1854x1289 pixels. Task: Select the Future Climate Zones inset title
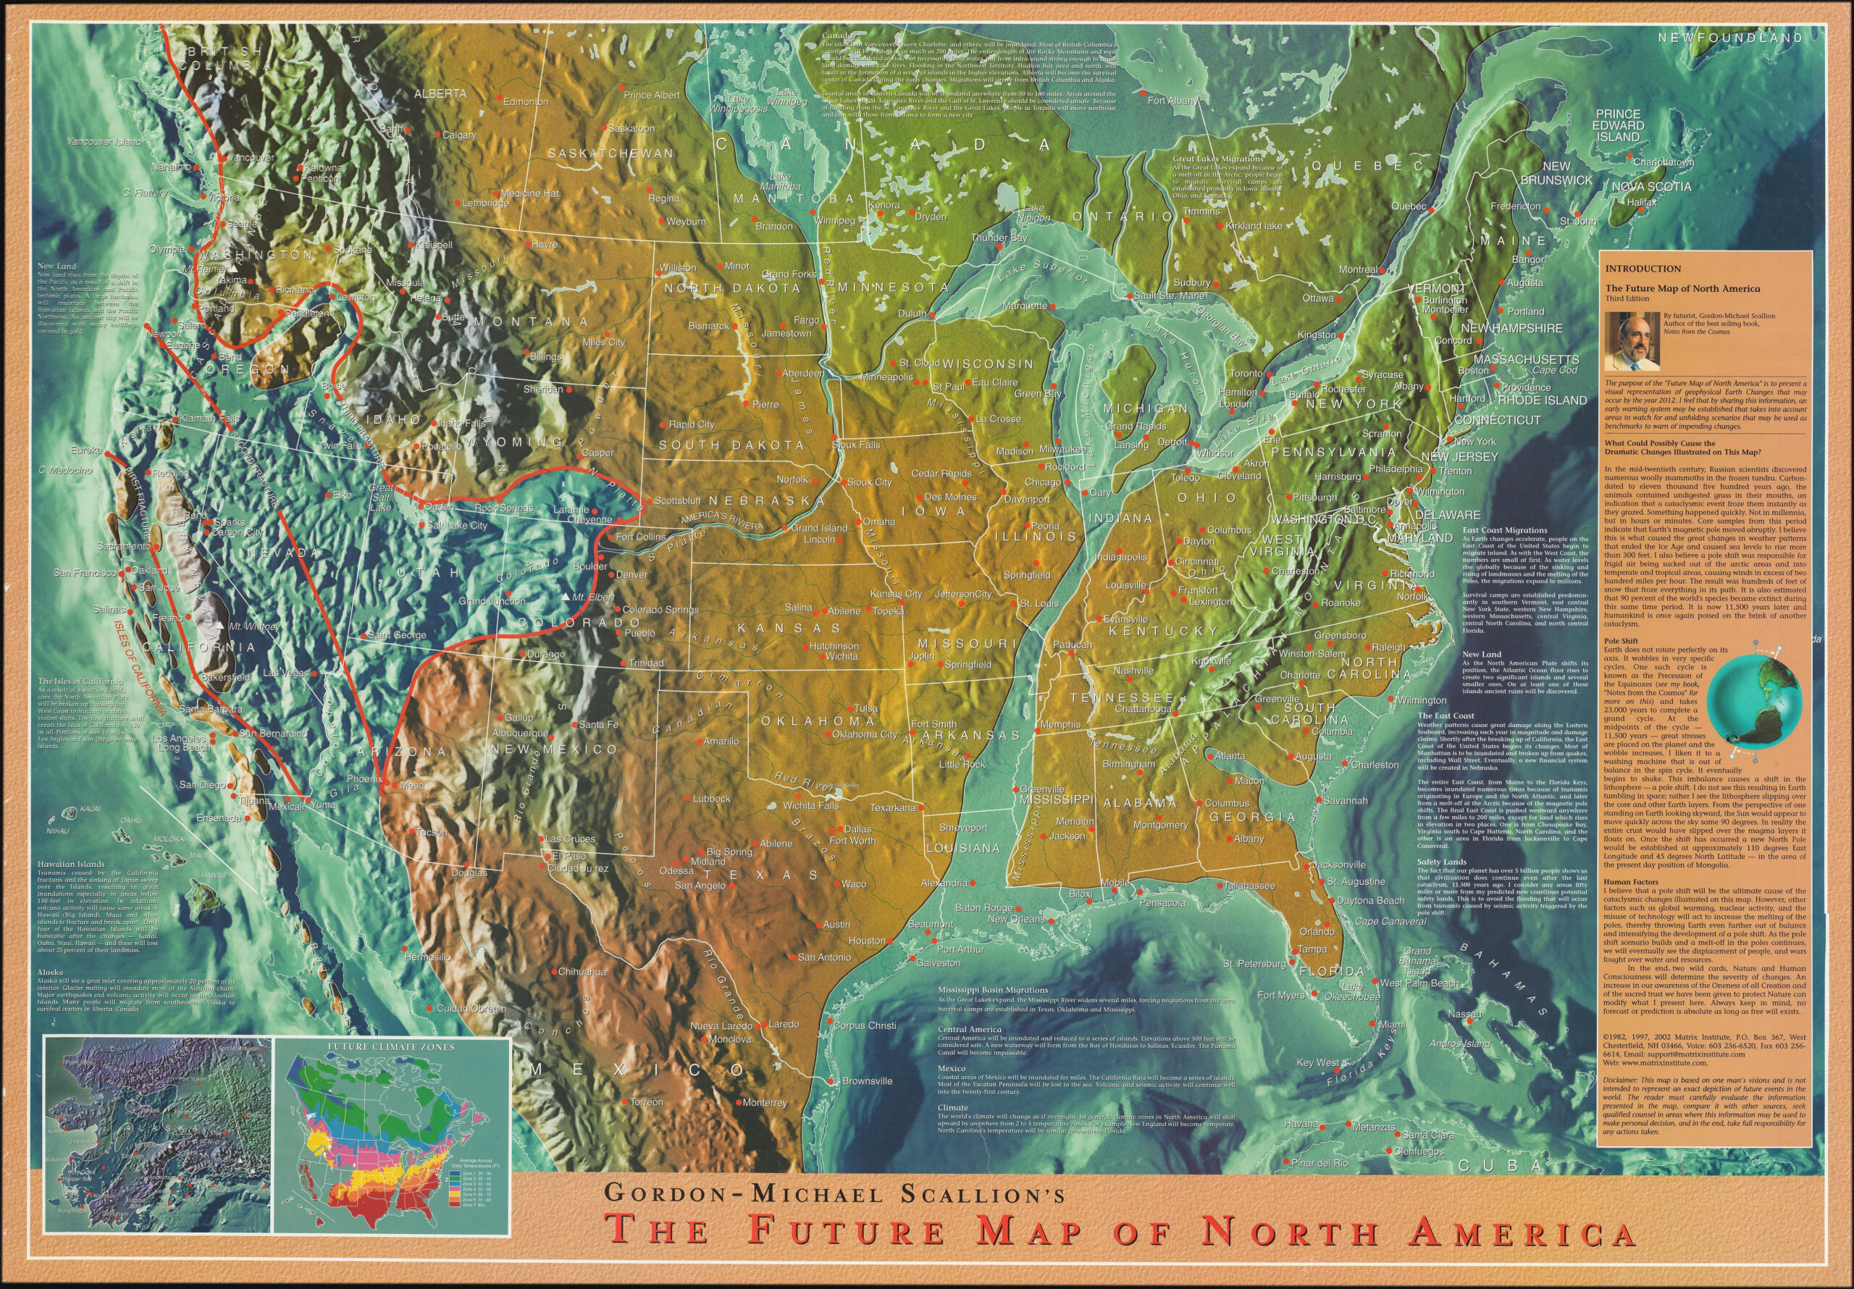pyautogui.click(x=391, y=1046)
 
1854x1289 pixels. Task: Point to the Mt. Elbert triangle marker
pyautogui.click(x=565, y=597)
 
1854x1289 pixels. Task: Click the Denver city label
pyautogui.click(x=632, y=575)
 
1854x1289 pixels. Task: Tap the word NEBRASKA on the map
pyautogui.click(x=758, y=500)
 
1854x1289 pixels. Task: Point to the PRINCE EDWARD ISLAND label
pyautogui.click(x=1618, y=126)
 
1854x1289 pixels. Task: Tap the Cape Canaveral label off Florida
pyautogui.click(x=1390, y=922)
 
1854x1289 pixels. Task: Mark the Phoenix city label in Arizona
pyautogui.click(x=364, y=779)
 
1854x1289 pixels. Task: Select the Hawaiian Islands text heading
pyautogui.click(x=70, y=864)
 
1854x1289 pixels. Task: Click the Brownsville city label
pyautogui.click(x=866, y=1081)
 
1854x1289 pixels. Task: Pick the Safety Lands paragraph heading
pyautogui.click(x=1442, y=862)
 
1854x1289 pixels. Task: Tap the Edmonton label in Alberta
pyautogui.click(x=526, y=102)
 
